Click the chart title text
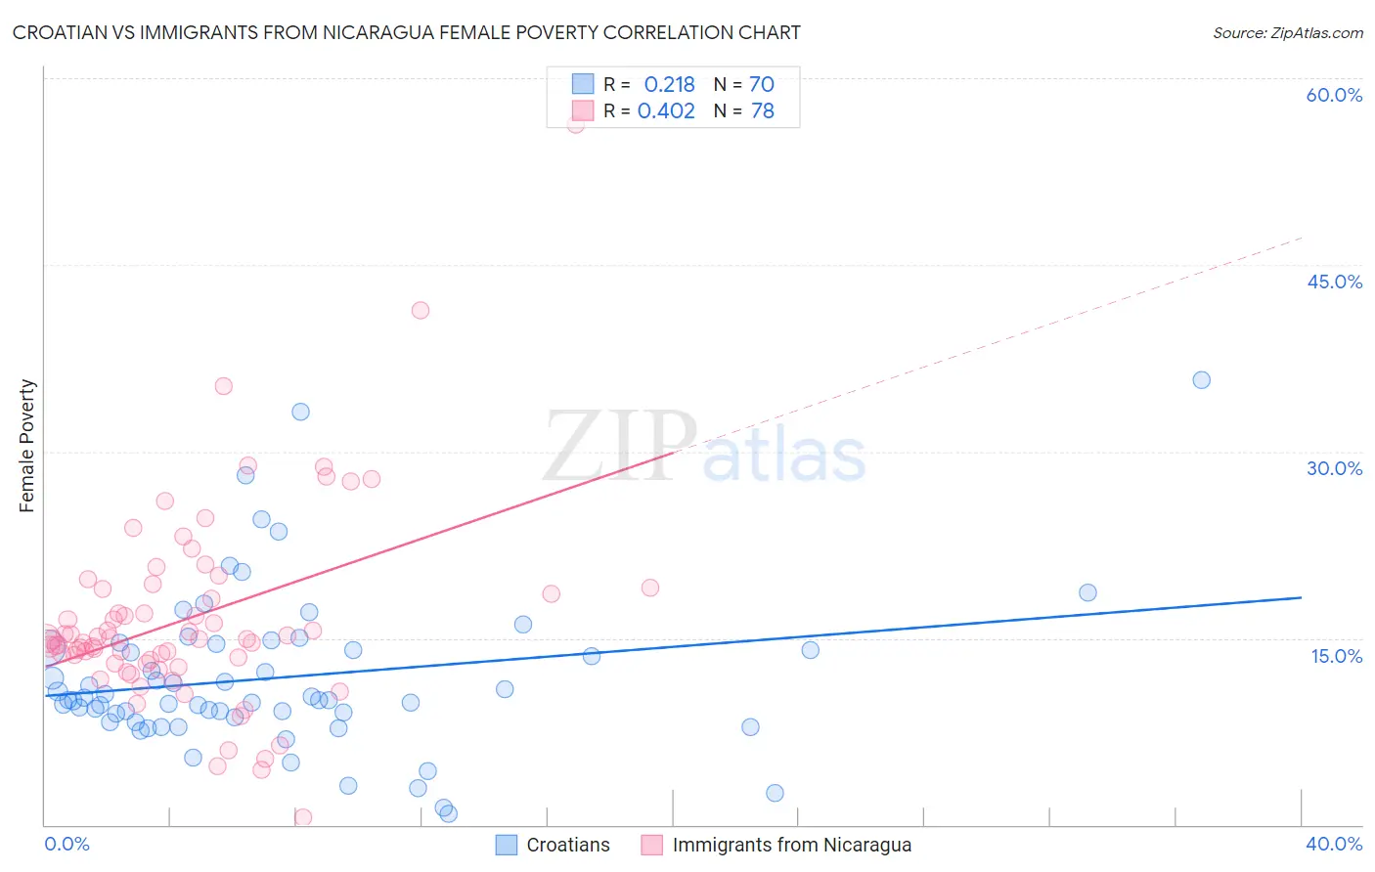click(x=406, y=32)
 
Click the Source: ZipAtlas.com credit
click(x=1287, y=32)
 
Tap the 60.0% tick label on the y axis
click(x=1334, y=95)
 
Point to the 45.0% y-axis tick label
click(x=1334, y=282)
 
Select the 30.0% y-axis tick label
click(x=1334, y=468)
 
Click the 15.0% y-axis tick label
click(x=1336, y=656)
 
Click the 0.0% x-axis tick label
click(x=67, y=845)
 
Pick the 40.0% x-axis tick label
click(x=1334, y=845)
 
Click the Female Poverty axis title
click(x=27, y=446)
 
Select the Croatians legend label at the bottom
click(x=567, y=846)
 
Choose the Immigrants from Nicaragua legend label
click(x=791, y=846)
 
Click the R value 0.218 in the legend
click(x=669, y=85)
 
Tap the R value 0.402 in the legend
click(x=666, y=111)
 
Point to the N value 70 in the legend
click(x=761, y=85)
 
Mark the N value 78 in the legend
click(x=762, y=111)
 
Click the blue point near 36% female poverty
click(x=1201, y=380)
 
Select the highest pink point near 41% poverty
click(x=421, y=310)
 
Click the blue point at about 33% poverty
click(x=300, y=412)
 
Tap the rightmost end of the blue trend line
click(x=1301, y=596)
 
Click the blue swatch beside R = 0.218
click(x=583, y=84)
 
